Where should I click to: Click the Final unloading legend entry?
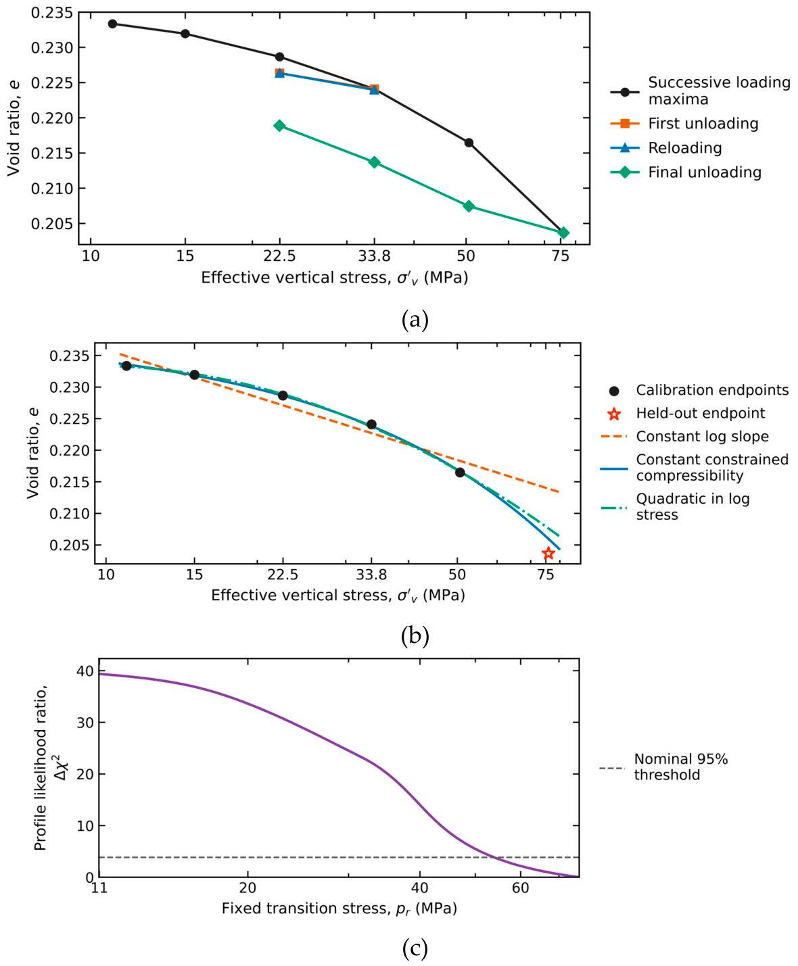(686, 172)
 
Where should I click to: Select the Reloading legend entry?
(666, 147)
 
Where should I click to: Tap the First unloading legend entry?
(684, 123)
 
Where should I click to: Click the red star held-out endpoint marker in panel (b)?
(548, 553)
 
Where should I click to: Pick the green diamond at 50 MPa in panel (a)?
(469, 206)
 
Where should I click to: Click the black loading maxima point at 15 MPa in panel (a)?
(185, 33)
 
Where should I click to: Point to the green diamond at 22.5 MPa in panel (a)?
(279, 125)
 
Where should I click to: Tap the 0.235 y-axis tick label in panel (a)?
(52, 12)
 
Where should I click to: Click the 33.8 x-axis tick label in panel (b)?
(371, 575)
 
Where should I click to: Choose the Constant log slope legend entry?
(684, 436)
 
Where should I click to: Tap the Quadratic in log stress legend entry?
(675, 506)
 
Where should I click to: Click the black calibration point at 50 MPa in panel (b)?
(460, 473)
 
